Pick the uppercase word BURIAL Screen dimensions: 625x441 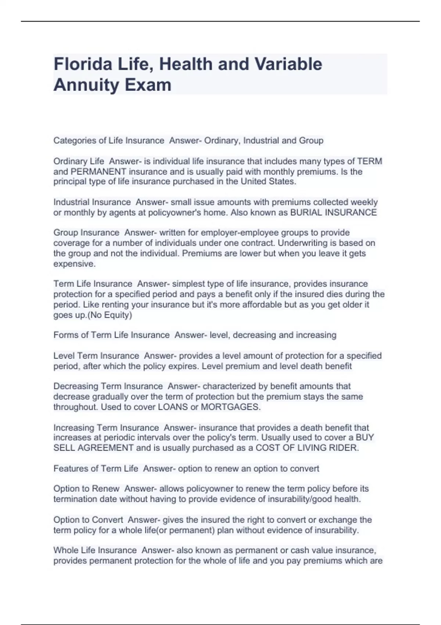(306, 213)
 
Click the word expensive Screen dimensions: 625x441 (74, 264)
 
